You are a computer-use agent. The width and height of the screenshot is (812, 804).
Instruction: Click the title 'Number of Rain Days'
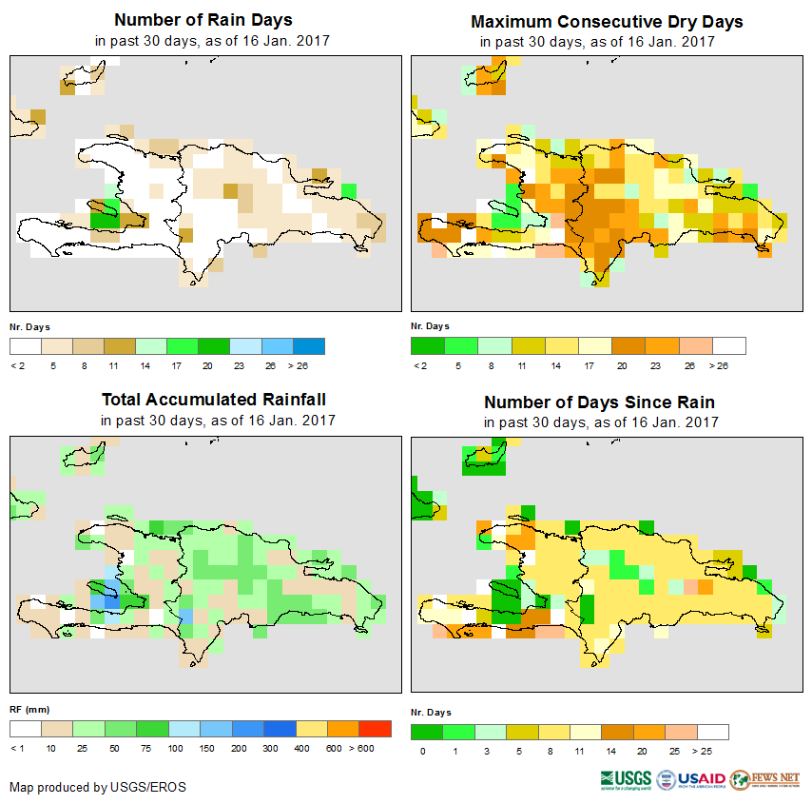203,20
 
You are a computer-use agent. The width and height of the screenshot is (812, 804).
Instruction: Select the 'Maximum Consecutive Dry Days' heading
607,22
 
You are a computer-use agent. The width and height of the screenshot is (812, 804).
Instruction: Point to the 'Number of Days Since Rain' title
599,402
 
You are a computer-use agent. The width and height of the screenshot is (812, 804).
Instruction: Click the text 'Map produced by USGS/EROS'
98,787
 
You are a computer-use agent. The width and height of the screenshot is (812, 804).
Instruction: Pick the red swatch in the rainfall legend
375,729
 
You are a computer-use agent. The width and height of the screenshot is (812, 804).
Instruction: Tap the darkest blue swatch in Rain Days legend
309,345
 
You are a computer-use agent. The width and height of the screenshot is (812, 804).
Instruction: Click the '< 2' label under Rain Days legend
17,365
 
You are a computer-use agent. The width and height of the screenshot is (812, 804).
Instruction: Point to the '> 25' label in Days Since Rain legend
714,752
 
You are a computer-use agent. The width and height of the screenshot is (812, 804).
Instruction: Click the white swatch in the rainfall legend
26,729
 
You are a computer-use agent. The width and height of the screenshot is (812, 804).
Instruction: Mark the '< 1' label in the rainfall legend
17,750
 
